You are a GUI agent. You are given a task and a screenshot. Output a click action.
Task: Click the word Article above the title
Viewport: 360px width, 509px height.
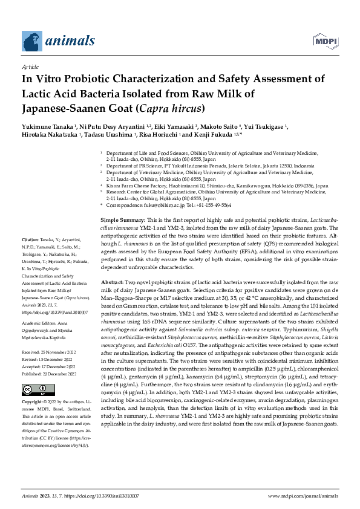click(29, 66)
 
